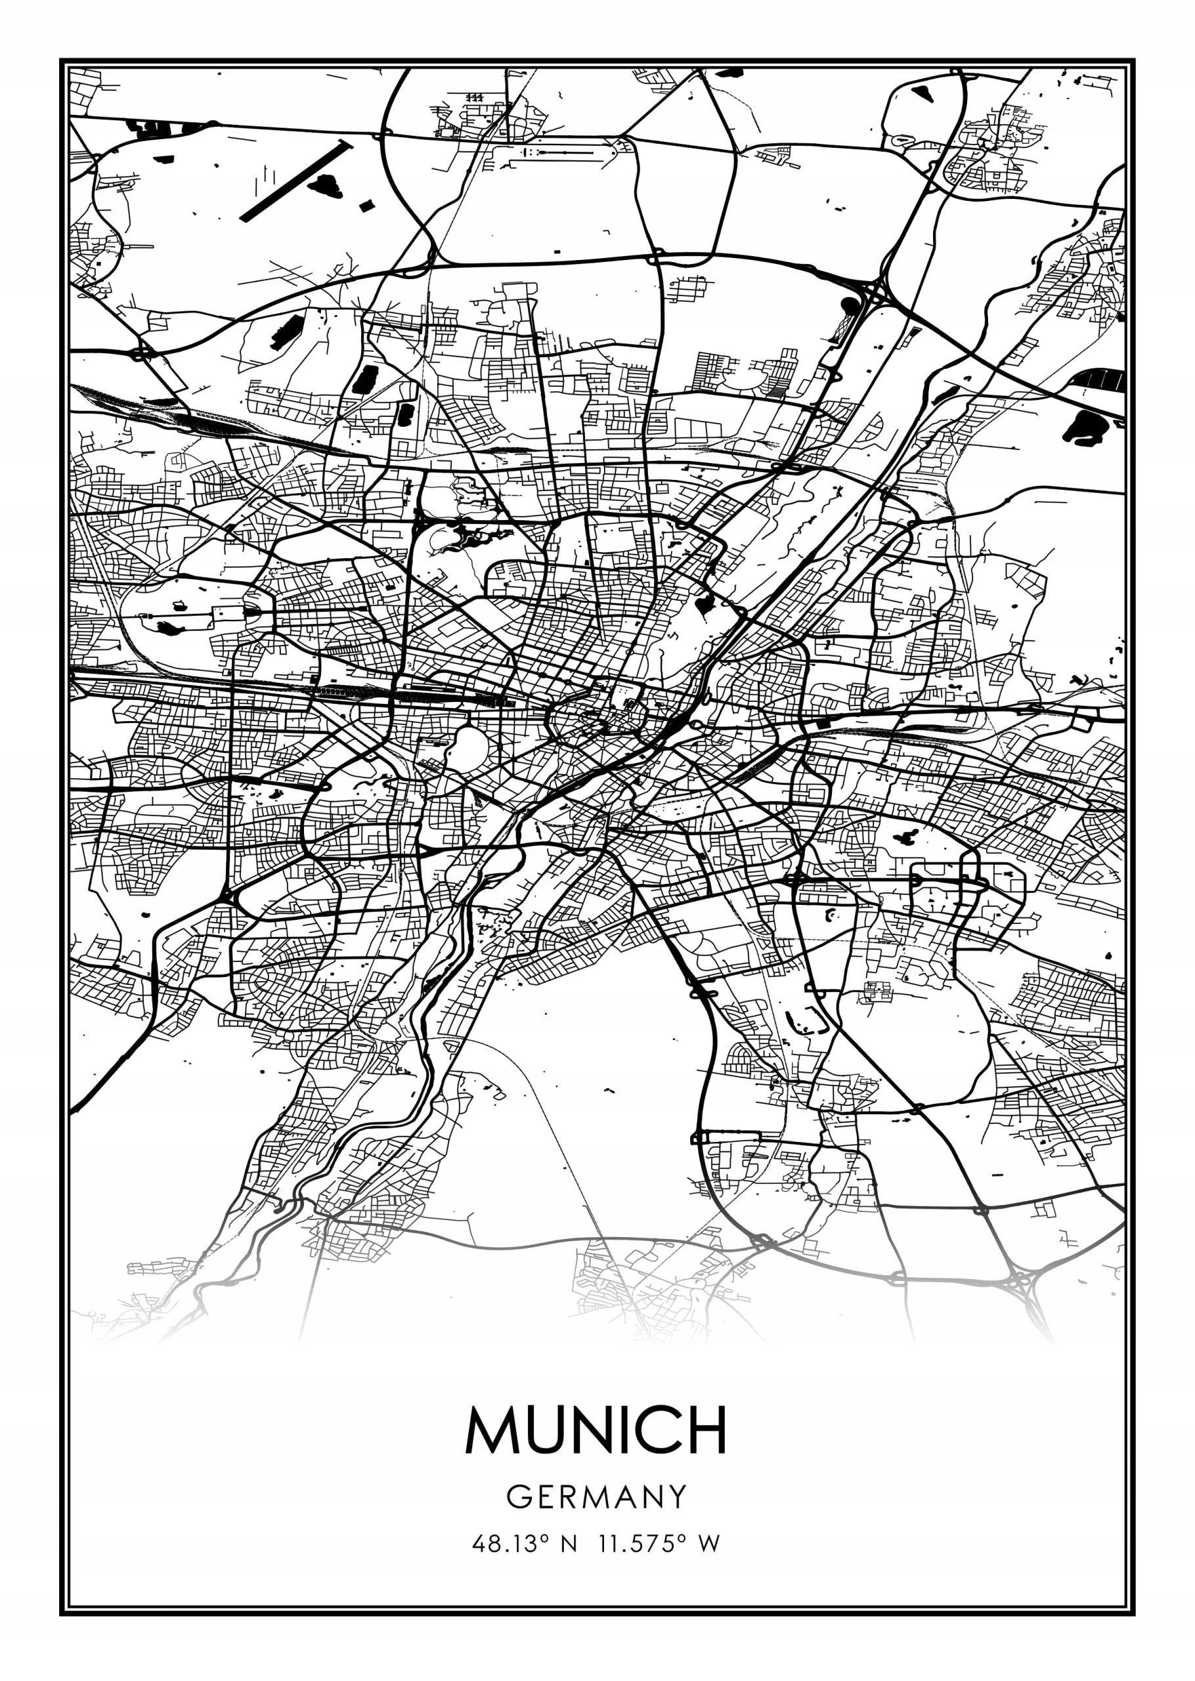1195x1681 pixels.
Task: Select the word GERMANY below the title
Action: [596, 1497]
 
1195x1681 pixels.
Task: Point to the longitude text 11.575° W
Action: [659, 1543]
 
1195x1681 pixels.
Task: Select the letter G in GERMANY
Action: [517, 1497]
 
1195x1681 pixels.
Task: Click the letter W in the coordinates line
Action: [708, 1543]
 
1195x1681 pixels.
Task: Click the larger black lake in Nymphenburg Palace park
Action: [169, 628]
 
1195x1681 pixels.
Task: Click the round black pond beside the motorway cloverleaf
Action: [849, 304]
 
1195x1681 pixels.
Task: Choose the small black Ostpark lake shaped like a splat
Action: [907, 837]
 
